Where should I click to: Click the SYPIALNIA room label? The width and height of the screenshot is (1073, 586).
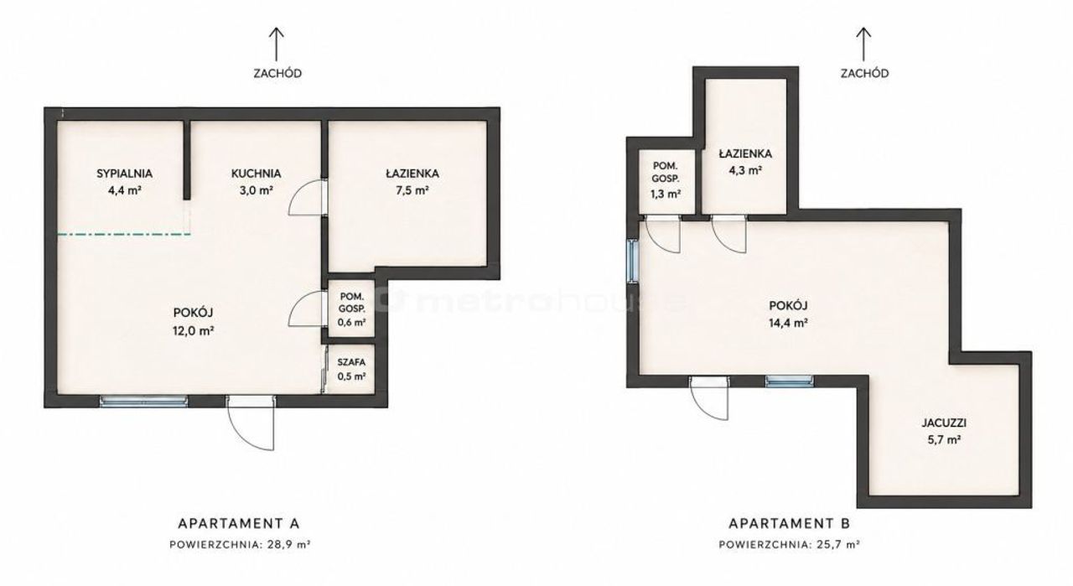[125, 174]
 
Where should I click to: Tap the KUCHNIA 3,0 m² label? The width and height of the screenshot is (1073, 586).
[257, 182]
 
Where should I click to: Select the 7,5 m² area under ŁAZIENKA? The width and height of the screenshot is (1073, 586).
[412, 190]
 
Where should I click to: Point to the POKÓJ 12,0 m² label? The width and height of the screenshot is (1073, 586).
[193, 322]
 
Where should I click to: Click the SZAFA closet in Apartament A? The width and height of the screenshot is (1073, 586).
[351, 369]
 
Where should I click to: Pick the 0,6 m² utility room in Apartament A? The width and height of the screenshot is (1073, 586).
[351, 309]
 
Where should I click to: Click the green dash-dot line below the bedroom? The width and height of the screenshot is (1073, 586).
[124, 234]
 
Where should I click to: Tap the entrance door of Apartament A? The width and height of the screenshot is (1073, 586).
[251, 422]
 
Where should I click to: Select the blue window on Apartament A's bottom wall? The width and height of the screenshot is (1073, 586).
[143, 402]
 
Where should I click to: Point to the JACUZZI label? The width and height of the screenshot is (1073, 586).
[944, 423]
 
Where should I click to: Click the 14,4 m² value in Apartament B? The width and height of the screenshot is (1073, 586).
[789, 323]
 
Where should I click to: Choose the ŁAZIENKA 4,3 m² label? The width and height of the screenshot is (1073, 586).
[745, 162]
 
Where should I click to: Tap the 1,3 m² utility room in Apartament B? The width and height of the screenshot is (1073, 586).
[666, 181]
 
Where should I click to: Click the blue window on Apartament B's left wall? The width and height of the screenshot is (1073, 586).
[633, 261]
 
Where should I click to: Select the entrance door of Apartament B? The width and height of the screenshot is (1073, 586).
[709, 397]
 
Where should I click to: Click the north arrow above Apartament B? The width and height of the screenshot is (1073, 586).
[863, 44]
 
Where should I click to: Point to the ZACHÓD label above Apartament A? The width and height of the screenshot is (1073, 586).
[277, 73]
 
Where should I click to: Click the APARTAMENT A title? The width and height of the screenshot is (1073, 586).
[239, 523]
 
